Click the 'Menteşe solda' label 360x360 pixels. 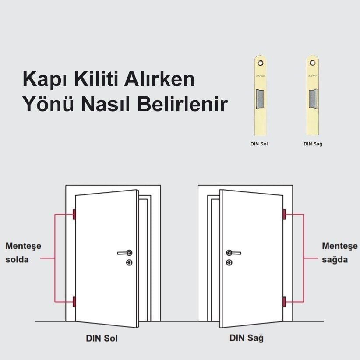coord(23,252)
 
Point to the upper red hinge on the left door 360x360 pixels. coord(74,215)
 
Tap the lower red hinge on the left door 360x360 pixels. coord(74,302)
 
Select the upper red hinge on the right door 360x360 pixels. coord(285,215)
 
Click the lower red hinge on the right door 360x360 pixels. coord(285,302)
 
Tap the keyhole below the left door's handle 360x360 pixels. coord(129,262)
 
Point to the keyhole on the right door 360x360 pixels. coord(229,262)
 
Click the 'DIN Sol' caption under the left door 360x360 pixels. coord(102,339)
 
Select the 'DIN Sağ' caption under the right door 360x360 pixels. coord(247,339)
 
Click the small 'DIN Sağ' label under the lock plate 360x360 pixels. coord(313,143)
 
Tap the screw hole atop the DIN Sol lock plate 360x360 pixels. coord(261,63)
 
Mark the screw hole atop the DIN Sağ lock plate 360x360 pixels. coord(313,63)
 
